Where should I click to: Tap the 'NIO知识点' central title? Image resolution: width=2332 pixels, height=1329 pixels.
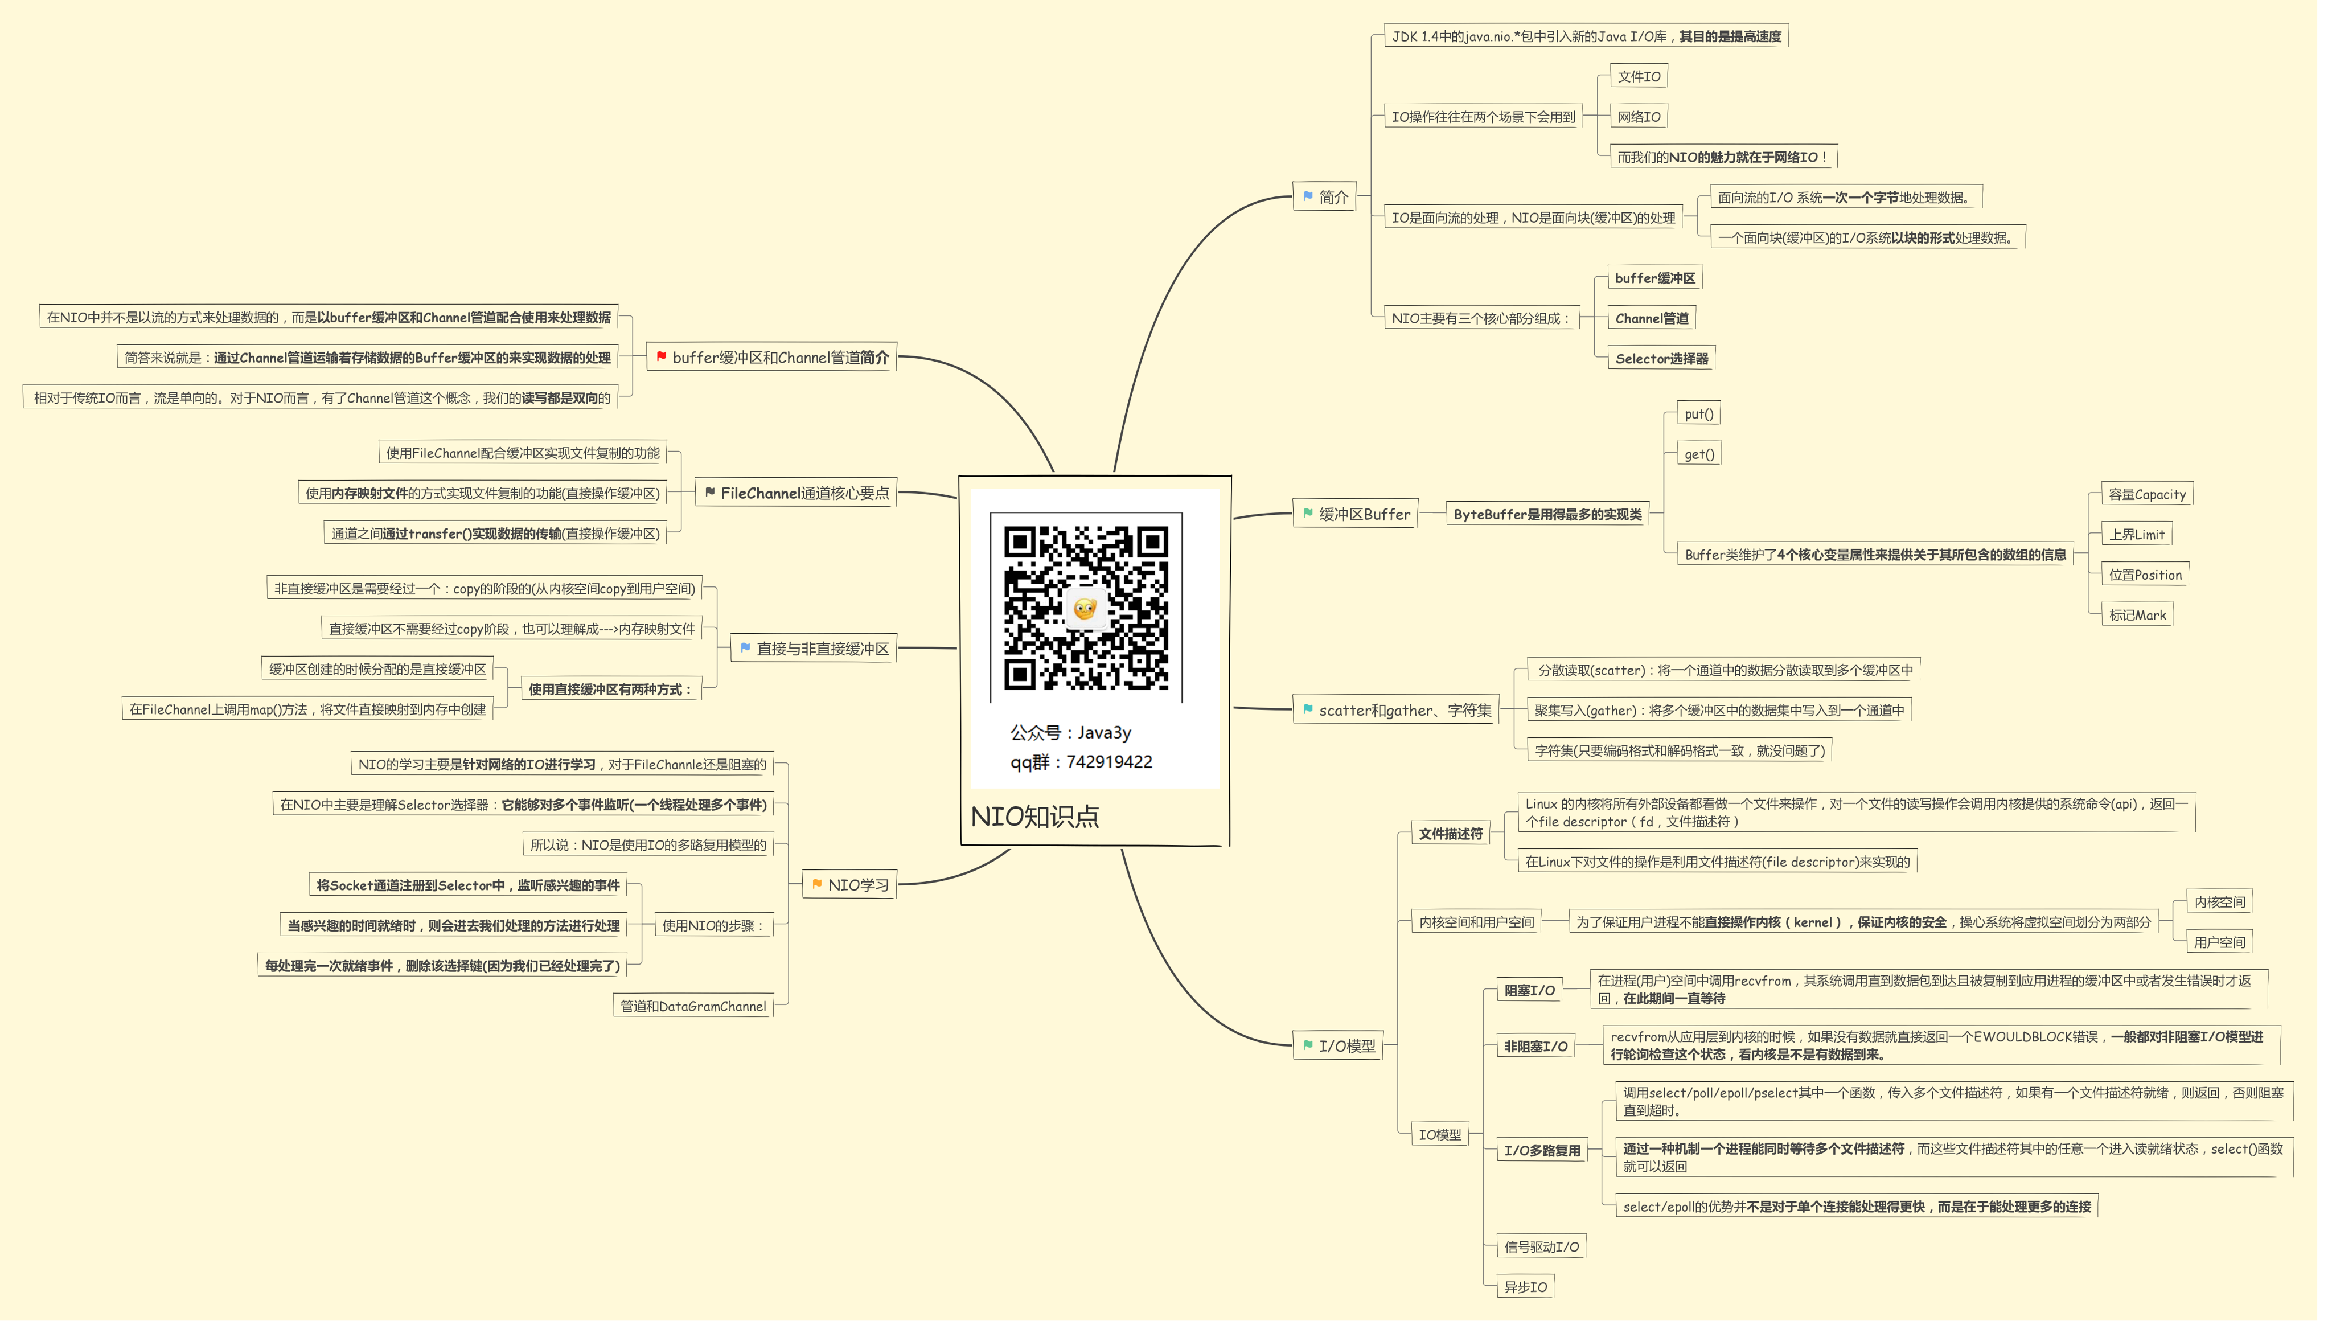[x=1034, y=816]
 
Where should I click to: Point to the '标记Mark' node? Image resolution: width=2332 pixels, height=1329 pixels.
[x=2137, y=615]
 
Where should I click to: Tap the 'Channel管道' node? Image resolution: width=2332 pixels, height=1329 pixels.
[x=1652, y=318]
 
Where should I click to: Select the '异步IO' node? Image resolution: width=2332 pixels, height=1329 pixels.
[x=1525, y=1287]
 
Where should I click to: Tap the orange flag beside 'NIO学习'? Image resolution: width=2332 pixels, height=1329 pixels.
[x=816, y=884]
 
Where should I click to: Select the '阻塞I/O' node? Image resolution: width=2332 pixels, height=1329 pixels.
[x=1529, y=990]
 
